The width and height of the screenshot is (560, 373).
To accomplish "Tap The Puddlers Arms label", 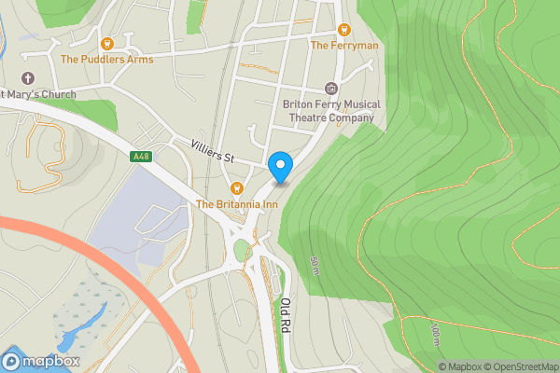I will pyautogui.click(x=106, y=59).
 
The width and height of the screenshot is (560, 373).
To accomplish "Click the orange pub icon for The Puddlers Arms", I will pyautogui.click(x=106, y=43).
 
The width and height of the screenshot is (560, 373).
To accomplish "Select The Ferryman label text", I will pyautogui.click(x=343, y=45).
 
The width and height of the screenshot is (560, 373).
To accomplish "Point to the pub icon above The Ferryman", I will pyautogui.click(x=343, y=30).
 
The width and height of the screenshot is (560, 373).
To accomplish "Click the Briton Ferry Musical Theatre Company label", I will pyautogui.click(x=329, y=111).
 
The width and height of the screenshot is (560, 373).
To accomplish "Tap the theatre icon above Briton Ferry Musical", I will pyautogui.click(x=329, y=89).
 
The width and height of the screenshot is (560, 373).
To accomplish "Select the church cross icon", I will pyautogui.click(x=26, y=77).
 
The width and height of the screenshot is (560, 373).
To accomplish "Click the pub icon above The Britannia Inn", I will pyautogui.click(x=235, y=188).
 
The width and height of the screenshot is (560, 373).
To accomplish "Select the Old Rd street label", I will pyautogui.click(x=286, y=314).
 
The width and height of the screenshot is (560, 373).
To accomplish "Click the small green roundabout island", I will pyautogui.click(x=242, y=249).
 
